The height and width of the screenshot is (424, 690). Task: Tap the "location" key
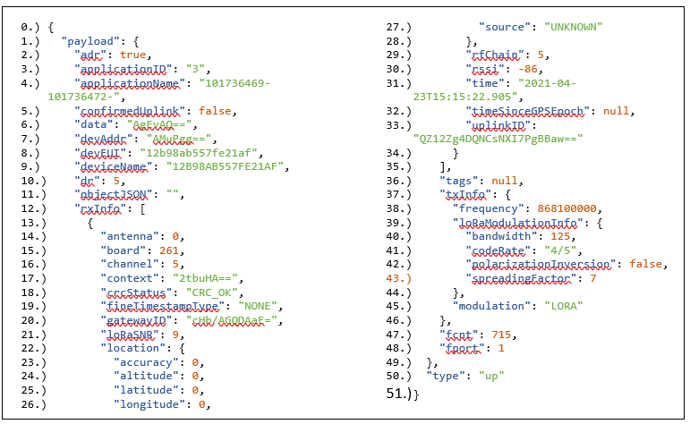pyautogui.click(x=133, y=348)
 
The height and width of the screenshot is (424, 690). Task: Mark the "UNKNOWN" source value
pyautogui.click(x=574, y=26)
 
